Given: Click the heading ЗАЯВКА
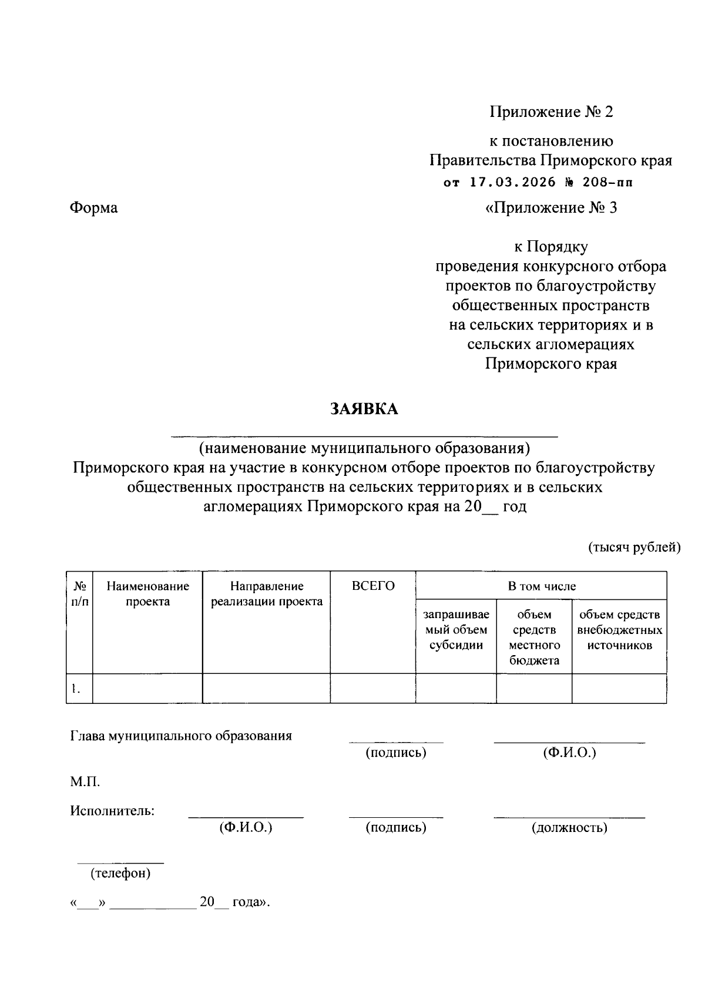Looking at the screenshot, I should click(x=364, y=409).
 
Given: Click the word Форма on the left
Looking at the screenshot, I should click(x=94, y=207).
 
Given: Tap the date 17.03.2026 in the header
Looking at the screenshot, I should click(x=512, y=182).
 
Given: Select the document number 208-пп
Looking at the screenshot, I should click(x=607, y=182).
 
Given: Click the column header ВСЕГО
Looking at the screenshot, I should click(x=373, y=586).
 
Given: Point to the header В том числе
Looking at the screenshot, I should click(x=541, y=586).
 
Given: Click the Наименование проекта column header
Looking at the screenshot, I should click(x=147, y=593).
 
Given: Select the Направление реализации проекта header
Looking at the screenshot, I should click(x=267, y=593).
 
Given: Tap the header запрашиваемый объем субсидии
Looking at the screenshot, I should click(x=456, y=630).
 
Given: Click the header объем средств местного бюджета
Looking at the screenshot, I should click(x=534, y=637).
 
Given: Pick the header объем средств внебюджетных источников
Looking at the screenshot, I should click(x=619, y=630).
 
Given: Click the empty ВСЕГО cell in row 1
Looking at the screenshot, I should click(x=372, y=689).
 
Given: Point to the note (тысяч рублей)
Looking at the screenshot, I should click(x=634, y=548).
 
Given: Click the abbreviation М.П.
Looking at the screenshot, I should click(x=85, y=781).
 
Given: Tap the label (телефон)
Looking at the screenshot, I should click(x=120, y=874).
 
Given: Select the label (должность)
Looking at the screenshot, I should click(x=569, y=828).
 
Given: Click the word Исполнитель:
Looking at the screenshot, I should click(x=112, y=811).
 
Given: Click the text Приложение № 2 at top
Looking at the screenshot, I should click(x=552, y=112).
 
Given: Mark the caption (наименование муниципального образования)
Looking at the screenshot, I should click(x=364, y=448).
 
